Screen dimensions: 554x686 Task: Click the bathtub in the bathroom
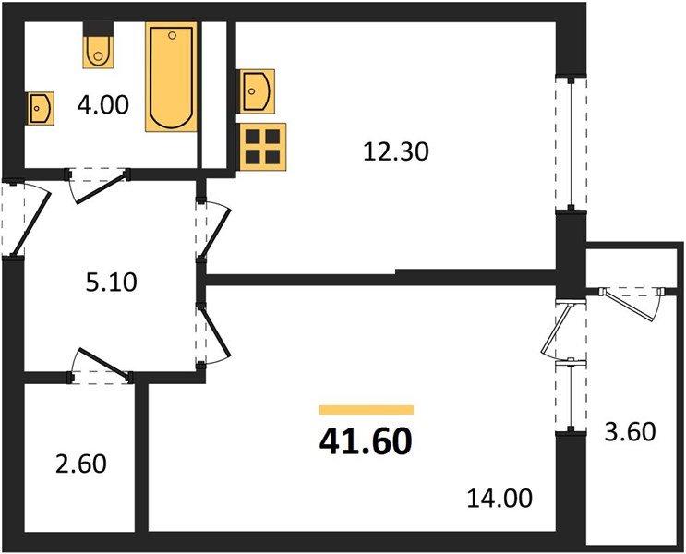(x=171, y=78)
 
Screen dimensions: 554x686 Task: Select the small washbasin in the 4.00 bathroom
(x=40, y=108)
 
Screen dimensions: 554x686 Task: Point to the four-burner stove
(x=262, y=146)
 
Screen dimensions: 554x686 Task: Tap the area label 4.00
(x=103, y=105)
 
